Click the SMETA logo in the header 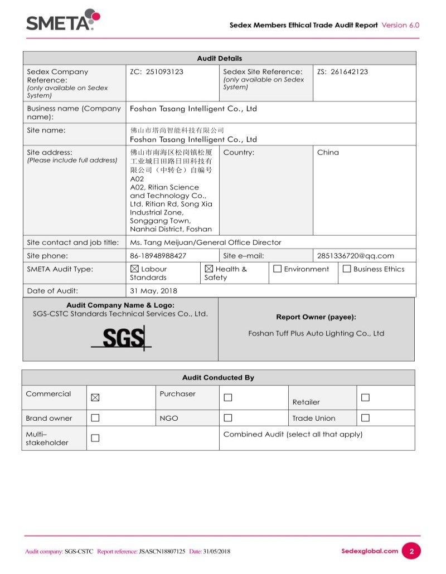63,21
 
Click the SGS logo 121,339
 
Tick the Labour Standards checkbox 134,269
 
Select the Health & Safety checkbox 209,269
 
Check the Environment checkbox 277,269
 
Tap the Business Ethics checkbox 347,269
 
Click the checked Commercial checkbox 95,398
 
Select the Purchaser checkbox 227,398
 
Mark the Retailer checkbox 365,398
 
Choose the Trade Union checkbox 365,418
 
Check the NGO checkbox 227,418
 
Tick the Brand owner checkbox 95,418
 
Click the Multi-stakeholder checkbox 95,438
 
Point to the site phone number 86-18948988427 158,256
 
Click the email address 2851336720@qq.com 356,256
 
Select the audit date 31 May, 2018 154,291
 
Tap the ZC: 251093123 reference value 157,72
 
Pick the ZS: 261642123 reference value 342,72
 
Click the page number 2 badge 411,551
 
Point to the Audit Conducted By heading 218,378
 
